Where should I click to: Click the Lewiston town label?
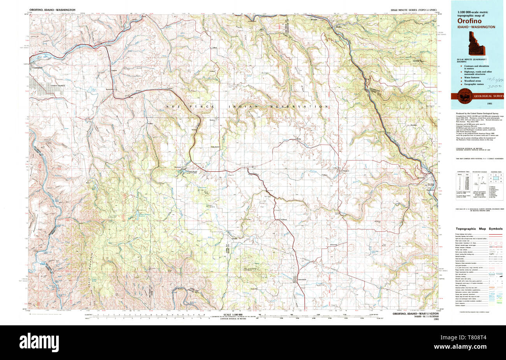pyautogui.click(x=38, y=67)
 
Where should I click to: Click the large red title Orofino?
pyautogui.click(x=470, y=21)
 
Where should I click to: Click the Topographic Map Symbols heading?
pyautogui.click(x=479, y=228)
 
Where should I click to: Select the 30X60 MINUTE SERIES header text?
pyautogui.click(x=413, y=9)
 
